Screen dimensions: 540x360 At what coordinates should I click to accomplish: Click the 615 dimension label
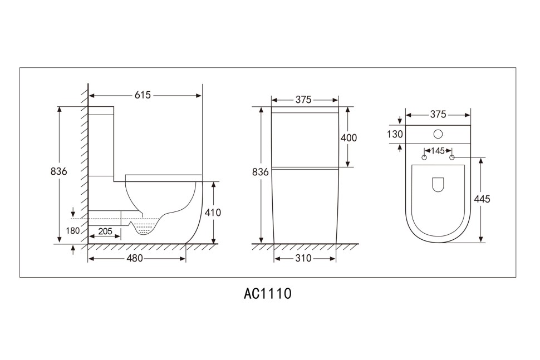(x=143, y=95)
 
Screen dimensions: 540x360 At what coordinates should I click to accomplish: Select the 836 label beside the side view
(x=58, y=171)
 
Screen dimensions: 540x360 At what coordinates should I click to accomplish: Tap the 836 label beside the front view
(x=260, y=172)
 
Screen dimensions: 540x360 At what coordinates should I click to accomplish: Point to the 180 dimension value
(x=73, y=230)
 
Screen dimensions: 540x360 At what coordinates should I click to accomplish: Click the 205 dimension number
(x=105, y=231)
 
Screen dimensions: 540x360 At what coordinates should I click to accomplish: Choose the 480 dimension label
(x=134, y=258)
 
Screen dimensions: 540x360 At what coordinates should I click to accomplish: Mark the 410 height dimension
(x=213, y=213)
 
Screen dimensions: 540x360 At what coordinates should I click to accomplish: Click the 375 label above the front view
(x=303, y=100)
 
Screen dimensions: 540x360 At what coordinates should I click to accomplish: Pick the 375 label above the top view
(x=438, y=114)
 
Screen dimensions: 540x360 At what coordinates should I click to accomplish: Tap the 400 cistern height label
(x=348, y=138)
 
